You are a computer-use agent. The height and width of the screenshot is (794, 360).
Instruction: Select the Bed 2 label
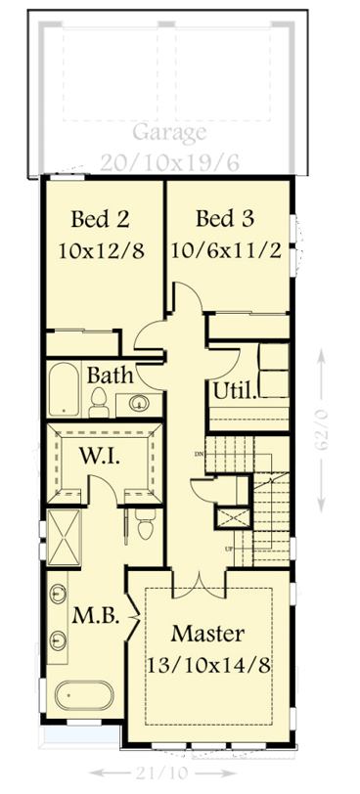tap(101, 216)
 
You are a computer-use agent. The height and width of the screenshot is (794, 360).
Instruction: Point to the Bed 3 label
tap(225, 216)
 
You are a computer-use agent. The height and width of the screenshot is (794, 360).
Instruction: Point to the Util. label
tap(235, 392)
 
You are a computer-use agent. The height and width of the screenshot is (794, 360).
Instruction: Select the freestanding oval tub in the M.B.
tap(84, 698)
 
